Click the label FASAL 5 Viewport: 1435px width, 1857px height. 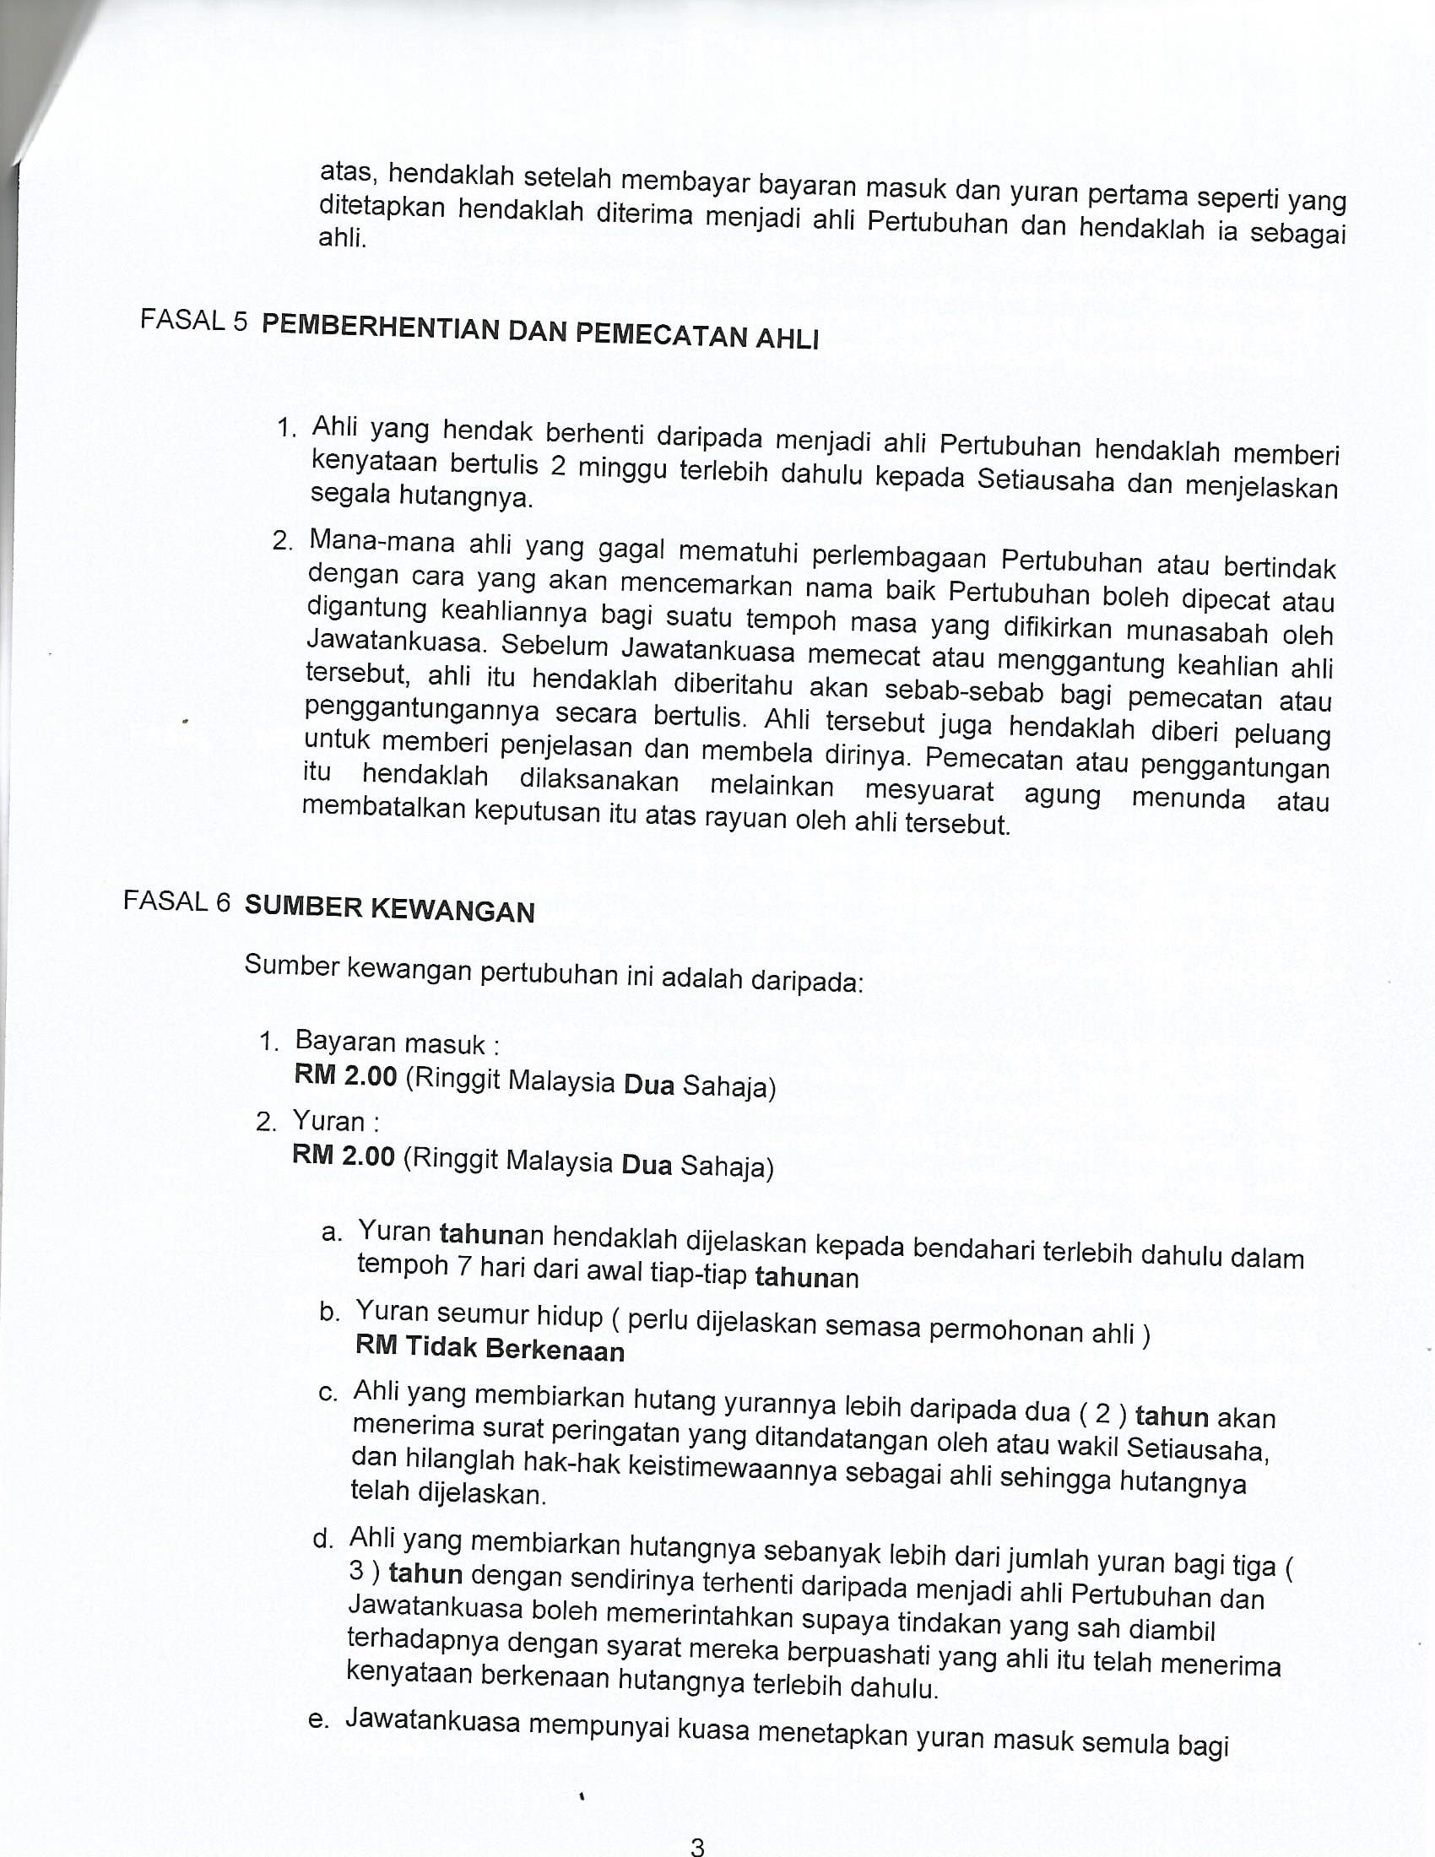[194, 321]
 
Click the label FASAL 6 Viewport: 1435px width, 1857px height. [176, 901]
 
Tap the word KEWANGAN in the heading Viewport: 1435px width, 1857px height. [452, 911]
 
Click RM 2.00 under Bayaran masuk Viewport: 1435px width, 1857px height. [345, 1075]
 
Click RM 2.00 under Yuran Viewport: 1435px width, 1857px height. [344, 1156]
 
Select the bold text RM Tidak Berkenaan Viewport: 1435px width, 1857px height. [490, 1348]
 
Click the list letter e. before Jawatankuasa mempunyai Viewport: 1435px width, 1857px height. [318, 1719]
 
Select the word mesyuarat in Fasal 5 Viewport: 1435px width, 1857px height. [929, 790]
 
